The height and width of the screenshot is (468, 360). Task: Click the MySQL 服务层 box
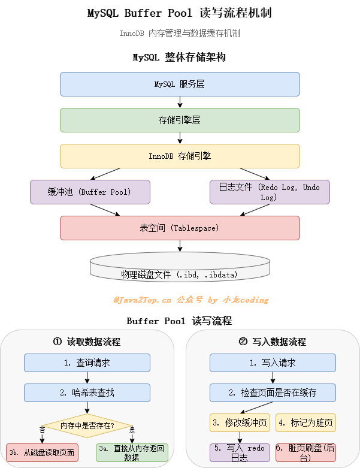180,84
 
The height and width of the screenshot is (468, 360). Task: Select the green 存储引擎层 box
180,120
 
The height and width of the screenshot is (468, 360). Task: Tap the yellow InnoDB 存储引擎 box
180,156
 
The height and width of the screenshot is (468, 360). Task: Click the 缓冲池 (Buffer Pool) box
89,192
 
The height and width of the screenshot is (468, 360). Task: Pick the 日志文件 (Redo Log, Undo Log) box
270,192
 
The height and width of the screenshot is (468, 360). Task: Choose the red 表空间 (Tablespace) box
180,228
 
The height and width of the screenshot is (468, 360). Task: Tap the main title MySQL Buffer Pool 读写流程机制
180,13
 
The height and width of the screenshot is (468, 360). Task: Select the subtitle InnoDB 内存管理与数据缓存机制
180,34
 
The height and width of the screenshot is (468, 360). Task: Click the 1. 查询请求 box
87,363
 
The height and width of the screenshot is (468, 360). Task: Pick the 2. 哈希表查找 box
87,392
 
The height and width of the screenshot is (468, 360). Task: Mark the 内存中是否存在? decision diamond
87,425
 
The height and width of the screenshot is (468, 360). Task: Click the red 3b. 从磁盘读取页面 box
42,452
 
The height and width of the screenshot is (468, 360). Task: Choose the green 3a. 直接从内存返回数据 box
132,452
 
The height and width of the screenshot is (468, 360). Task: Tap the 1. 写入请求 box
273,363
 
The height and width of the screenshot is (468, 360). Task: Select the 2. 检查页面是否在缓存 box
273,392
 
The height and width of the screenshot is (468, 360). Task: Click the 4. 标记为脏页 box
305,422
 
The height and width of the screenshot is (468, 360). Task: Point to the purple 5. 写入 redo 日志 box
240,452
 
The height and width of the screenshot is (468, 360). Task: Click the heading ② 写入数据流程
273,342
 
